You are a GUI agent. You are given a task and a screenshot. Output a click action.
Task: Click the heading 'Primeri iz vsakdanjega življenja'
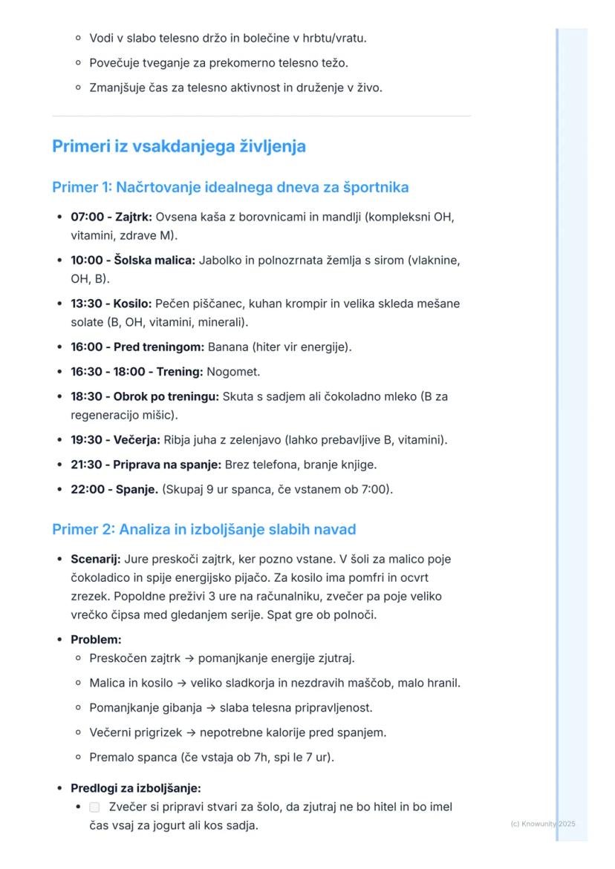tap(178, 146)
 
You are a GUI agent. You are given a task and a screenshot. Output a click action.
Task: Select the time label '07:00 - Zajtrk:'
tap(111, 217)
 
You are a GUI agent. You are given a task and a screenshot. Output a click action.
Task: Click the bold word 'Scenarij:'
tap(95, 559)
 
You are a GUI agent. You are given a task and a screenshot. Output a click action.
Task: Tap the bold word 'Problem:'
tap(96, 639)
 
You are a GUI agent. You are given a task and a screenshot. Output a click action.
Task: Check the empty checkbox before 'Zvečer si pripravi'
tap(94, 807)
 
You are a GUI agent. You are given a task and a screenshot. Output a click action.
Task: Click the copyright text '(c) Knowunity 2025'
tap(543, 824)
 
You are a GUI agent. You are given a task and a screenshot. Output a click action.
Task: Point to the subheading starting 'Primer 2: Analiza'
tap(204, 529)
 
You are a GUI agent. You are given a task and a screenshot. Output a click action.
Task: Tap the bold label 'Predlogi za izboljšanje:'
tap(135, 788)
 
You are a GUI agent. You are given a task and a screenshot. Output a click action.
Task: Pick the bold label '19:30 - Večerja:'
tap(115, 440)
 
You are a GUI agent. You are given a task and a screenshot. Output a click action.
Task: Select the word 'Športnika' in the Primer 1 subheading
tap(374, 187)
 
